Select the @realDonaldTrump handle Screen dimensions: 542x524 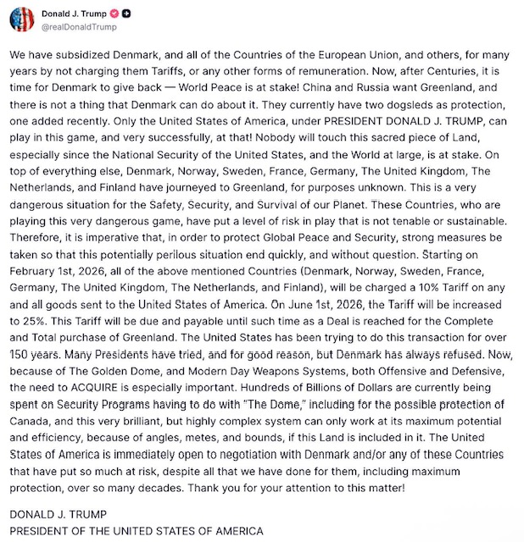[80, 28]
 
